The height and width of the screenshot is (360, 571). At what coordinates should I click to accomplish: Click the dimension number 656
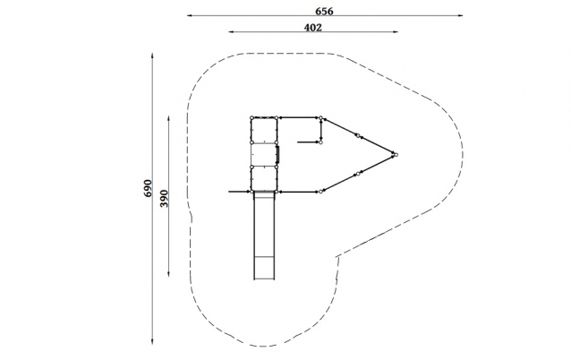pos(324,12)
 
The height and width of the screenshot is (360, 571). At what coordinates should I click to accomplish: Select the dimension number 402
pos(313,28)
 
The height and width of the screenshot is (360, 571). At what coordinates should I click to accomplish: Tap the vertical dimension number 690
pos(148,188)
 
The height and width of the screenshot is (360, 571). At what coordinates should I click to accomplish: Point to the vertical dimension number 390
pos(165,198)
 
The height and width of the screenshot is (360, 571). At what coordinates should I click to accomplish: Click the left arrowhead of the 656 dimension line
pos(190,15)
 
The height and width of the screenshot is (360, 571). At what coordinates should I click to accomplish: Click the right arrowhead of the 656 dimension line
pos(460,15)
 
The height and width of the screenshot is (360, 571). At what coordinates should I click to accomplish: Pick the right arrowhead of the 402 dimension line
pos(396,31)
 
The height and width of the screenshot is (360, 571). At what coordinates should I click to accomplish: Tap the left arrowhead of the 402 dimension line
pos(231,31)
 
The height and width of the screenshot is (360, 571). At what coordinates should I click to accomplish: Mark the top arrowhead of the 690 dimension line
pos(152,56)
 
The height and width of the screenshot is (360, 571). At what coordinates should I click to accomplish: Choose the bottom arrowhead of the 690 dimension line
pos(152,341)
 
